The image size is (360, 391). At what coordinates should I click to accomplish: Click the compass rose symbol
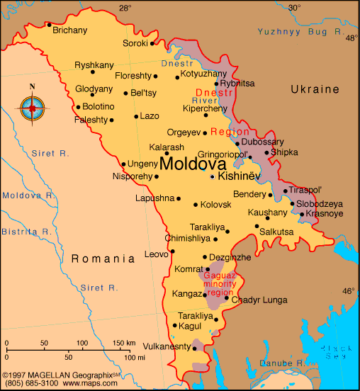[x=32, y=108]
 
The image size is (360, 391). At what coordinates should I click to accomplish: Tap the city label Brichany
[x=69, y=30]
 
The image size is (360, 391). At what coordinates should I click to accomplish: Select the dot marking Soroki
[x=152, y=43]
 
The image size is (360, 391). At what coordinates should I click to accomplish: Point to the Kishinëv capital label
[x=240, y=176]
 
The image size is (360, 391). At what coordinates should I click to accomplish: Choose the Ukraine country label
[x=315, y=89]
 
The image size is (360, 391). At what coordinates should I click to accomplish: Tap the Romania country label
[x=103, y=259]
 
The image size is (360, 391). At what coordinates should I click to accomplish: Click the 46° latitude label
[x=349, y=291]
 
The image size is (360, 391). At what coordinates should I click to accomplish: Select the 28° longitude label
[x=125, y=8]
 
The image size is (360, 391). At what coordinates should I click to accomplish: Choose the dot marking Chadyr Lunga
[x=226, y=297]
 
